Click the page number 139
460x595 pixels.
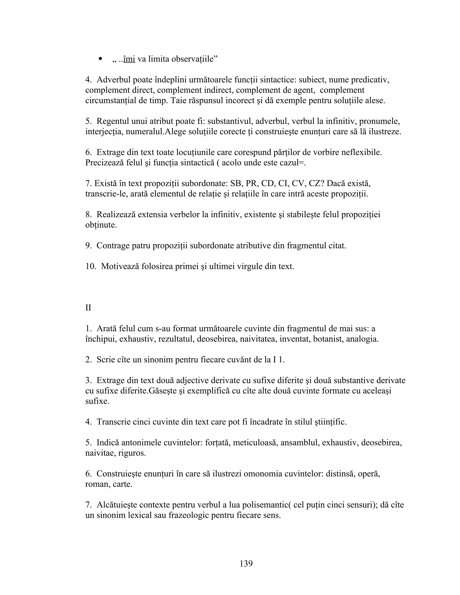(246, 563)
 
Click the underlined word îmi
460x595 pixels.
(129, 59)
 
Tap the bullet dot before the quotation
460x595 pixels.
(101, 59)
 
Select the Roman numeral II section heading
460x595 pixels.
(88, 308)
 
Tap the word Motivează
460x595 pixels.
(120, 266)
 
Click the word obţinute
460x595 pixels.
(101, 225)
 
